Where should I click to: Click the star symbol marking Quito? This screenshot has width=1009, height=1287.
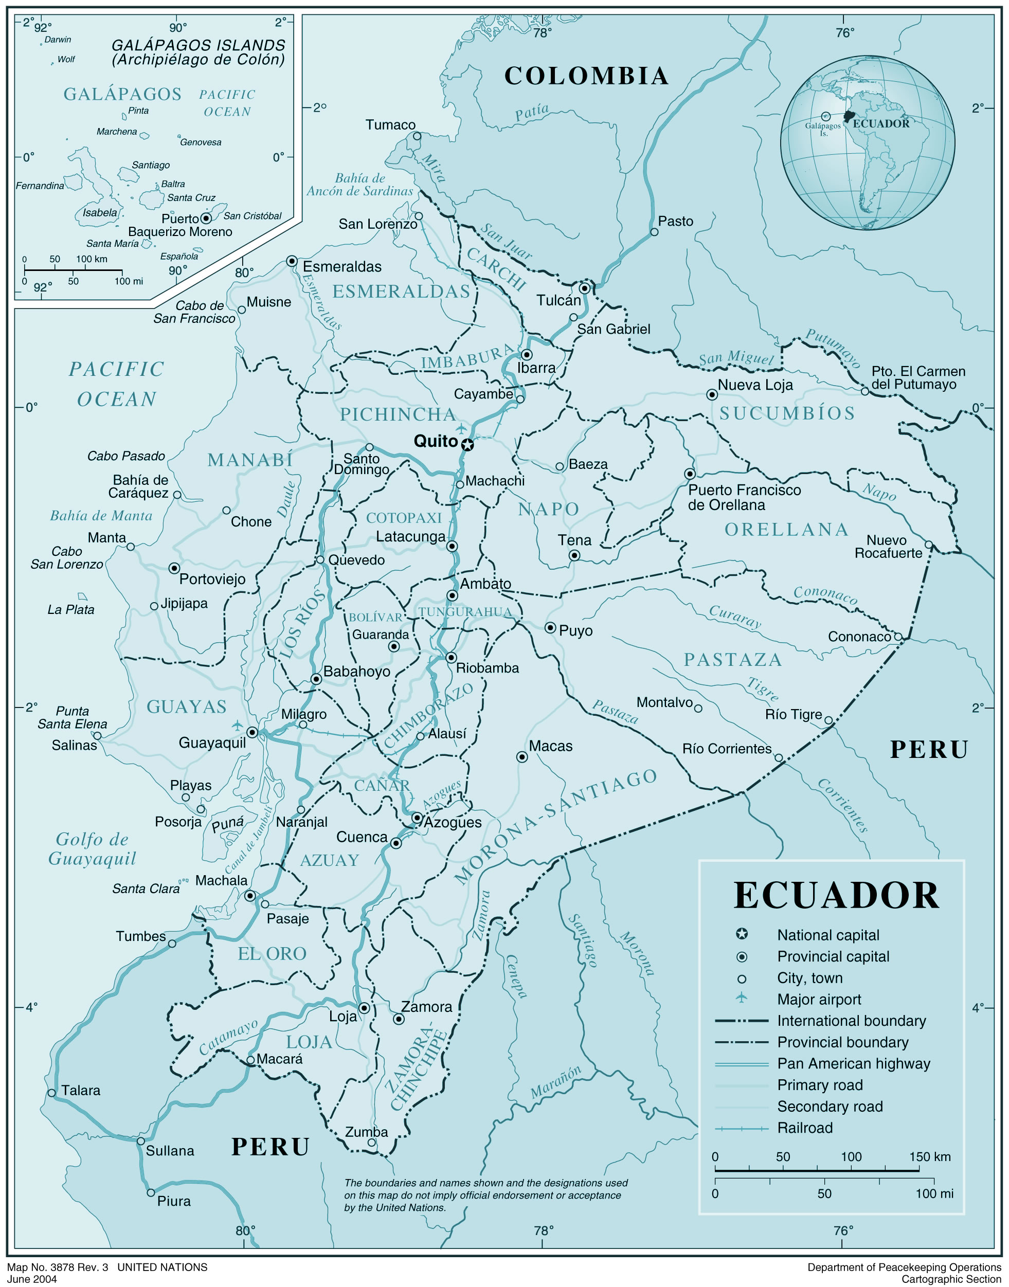(467, 445)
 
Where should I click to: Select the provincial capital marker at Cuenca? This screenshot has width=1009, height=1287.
(397, 843)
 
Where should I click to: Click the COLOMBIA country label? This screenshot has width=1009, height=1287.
(586, 76)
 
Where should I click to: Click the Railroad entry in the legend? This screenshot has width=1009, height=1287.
(805, 1128)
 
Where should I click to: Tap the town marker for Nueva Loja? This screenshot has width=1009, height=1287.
(712, 394)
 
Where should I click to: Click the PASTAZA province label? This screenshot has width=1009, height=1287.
(732, 660)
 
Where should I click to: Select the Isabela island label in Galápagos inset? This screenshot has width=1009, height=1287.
(100, 213)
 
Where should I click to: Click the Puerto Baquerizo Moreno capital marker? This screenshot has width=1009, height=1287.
(206, 219)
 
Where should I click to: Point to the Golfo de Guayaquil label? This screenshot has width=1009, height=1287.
(92, 848)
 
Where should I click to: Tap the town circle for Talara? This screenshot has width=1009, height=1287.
(52, 1093)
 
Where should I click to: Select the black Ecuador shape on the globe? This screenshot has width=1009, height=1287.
(849, 115)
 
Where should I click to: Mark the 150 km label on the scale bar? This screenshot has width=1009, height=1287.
(930, 1156)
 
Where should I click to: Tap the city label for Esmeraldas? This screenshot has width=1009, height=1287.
(342, 266)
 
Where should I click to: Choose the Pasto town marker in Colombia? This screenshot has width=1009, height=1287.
(654, 232)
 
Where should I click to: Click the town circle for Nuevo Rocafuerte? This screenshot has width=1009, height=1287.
(929, 545)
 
